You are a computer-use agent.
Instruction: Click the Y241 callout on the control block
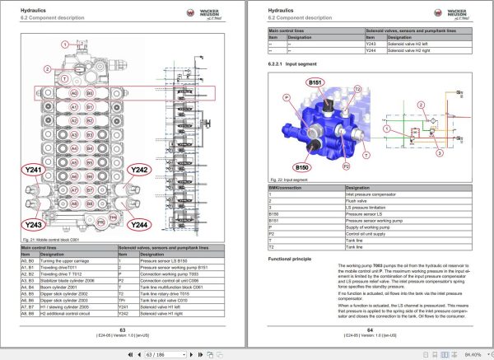click(x=34, y=171)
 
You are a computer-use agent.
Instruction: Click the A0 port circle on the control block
click(x=74, y=94)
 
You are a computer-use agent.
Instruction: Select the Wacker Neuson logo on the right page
click(x=454, y=13)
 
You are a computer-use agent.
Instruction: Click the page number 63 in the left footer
click(x=123, y=330)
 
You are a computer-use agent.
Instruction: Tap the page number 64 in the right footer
click(x=370, y=330)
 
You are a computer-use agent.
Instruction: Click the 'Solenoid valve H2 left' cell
click(x=395, y=44)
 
